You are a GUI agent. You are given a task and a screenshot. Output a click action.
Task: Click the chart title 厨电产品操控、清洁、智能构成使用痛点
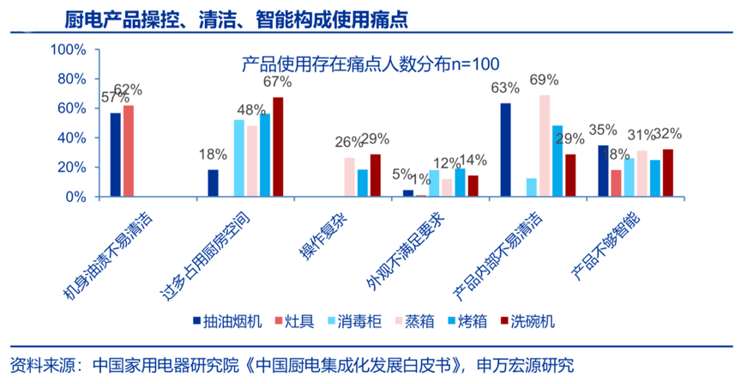pyautogui.click(x=225, y=18)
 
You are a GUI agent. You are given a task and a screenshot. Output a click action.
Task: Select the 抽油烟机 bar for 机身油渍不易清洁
pyautogui.click(x=115, y=155)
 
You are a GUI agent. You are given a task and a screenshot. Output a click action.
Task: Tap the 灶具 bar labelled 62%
pyautogui.click(x=129, y=151)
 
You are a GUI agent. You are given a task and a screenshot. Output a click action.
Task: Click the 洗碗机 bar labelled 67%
pyautogui.click(x=278, y=147)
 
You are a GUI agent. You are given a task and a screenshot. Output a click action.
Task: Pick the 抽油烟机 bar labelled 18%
pyautogui.click(x=213, y=183)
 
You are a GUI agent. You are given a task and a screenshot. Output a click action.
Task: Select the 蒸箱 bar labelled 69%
pyautogui.click(x=544, y=146)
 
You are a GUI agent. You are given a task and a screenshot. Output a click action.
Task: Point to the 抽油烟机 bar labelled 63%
pyautogui.click(x=505, y=150)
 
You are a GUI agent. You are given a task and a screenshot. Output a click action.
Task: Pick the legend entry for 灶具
pyautogui.click(x=296, y=322)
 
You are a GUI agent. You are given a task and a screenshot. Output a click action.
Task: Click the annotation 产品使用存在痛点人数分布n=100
pyautogui.click(x=370, y=63)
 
